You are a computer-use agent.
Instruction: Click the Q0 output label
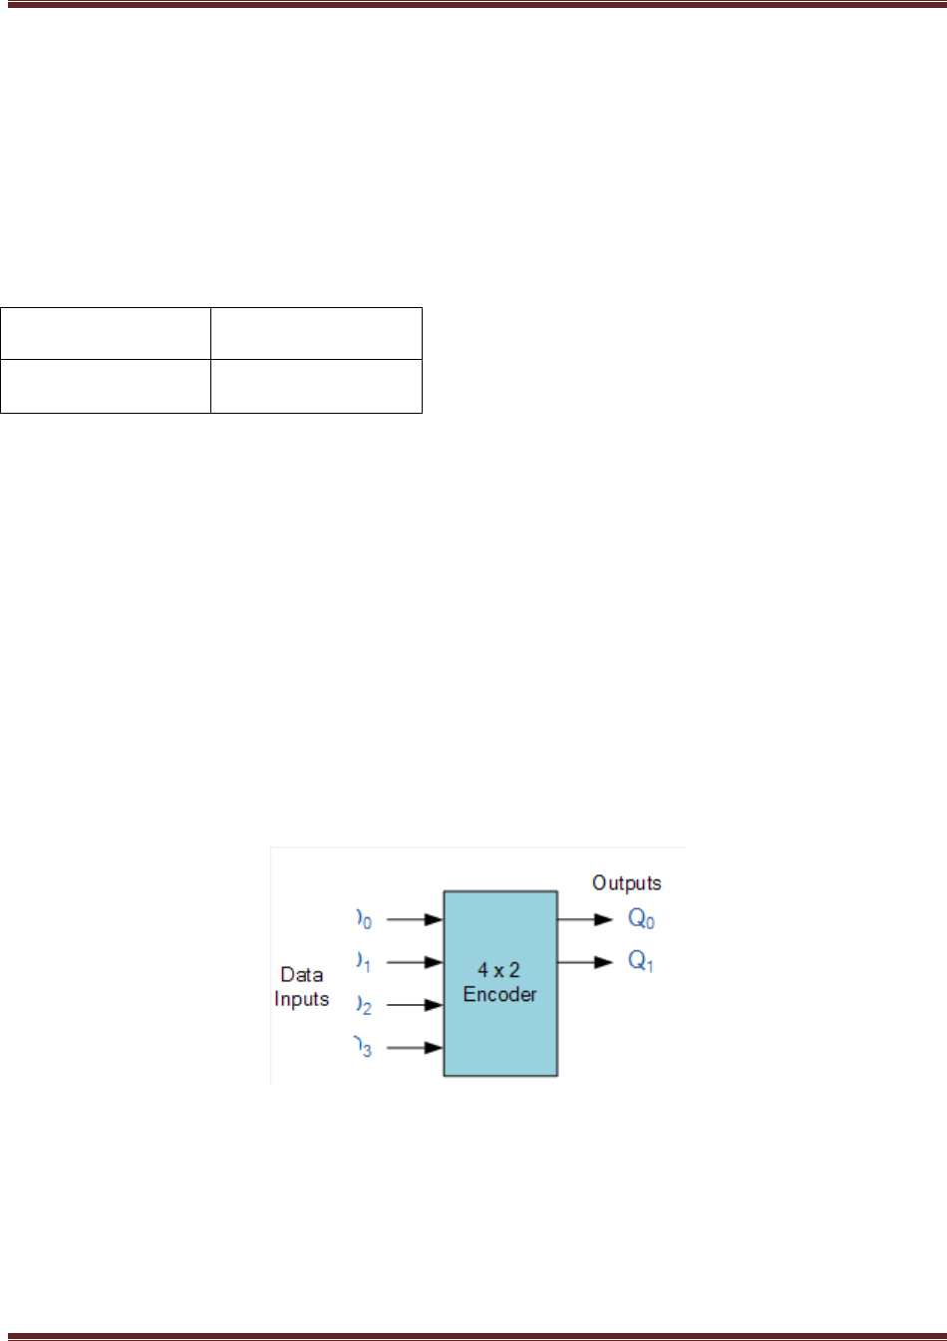[641, 919]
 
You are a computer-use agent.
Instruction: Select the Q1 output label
[641, 961]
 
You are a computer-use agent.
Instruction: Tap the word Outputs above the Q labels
[626, 882]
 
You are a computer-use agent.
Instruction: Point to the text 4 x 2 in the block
[498, 970]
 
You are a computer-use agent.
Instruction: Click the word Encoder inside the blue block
[499, 994]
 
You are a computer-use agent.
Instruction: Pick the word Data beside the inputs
[301, 974]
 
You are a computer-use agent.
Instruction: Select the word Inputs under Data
[301, 999]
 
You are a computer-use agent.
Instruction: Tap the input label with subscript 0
[365, 919]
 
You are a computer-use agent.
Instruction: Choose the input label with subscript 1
[365, 962]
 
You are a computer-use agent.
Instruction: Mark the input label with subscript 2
[365, 1005]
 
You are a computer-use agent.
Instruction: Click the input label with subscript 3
[364, 1048]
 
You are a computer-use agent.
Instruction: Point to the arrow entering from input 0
[415, 919]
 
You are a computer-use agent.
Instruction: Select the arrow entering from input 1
[415, 962]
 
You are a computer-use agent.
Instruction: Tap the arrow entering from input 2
[415, 1005]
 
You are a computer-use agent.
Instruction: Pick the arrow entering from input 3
[415, 1048]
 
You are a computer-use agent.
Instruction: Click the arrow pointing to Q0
[585, 919]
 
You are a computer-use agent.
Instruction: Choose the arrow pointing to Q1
[585, 962]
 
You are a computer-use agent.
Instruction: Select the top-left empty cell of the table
[106, 334]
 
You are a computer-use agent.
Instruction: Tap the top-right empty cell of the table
[317, 334]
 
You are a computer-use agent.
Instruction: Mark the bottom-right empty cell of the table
[317, 386]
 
